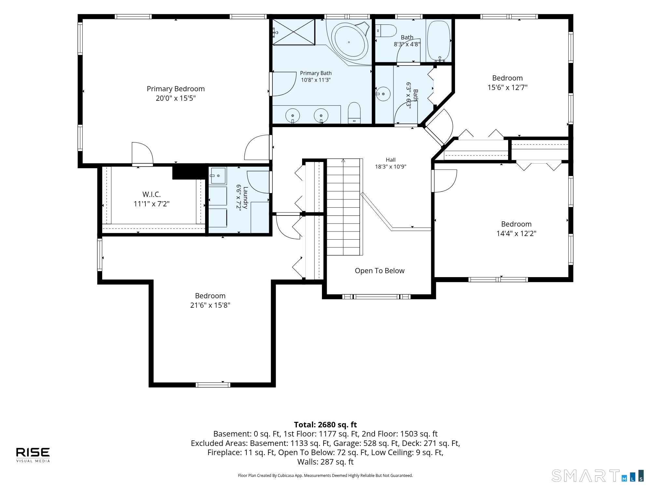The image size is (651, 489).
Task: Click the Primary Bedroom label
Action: (x=176, y=89)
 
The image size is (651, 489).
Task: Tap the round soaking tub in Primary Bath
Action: (x=349, y=42)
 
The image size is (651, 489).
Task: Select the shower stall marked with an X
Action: (x=294, y=32)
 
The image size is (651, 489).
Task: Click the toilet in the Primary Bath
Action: (x=354, y=113)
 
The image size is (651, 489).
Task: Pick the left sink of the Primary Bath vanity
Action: (x=293, y=116)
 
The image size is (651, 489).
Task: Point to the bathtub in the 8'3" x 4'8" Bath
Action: (x=438, y=41)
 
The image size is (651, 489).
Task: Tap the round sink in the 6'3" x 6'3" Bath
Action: (x=383, y=94)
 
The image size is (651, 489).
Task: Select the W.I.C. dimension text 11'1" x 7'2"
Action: (x=152, y=204)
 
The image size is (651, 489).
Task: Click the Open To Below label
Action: (x=380, y=271)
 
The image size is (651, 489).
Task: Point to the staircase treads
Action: (x=343, y=207)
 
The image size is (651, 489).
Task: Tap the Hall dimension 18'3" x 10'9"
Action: (x=391, y=167)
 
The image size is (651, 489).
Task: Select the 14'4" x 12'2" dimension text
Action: (x=516, y=233)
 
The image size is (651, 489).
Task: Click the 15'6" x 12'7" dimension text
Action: (x=507, y=87)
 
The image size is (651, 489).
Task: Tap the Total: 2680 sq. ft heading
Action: (x=325, y=425)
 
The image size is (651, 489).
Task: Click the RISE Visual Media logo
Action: (x=33, y=455)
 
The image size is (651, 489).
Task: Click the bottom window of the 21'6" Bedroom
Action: (x=213, y=385)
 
